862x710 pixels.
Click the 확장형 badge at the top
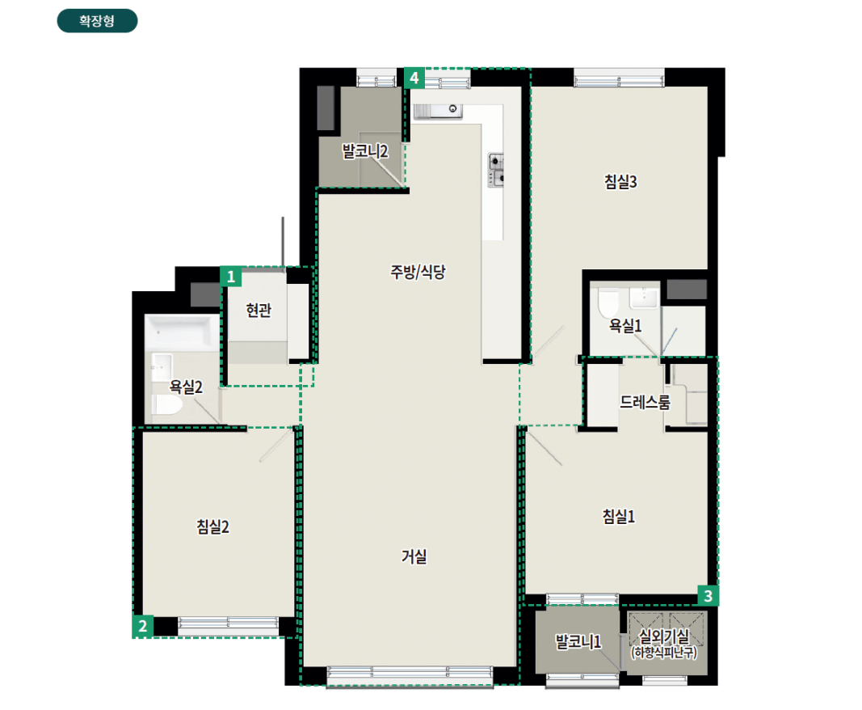[97, 21]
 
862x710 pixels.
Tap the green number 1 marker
[231, 277]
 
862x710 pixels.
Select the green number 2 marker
[143, 626]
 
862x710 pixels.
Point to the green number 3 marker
[708, 595]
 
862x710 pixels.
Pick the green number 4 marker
[414, 78]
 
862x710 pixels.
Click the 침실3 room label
[620, 182]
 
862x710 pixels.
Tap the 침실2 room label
[212, 526]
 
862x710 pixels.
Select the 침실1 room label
[619, 516]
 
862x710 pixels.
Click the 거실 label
[414, 556]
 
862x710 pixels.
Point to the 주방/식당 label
[418, 272]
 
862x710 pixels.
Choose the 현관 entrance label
[259, 311]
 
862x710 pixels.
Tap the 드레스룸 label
[645, 403]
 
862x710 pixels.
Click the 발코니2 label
[365, 150]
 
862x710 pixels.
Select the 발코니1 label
[578, 641]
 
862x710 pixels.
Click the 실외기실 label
[663, 636]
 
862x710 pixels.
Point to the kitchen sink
[438, 111]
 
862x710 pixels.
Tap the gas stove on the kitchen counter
[496, 170]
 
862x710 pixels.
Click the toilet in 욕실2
[167, 404]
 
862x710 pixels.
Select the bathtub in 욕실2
[182, 332]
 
